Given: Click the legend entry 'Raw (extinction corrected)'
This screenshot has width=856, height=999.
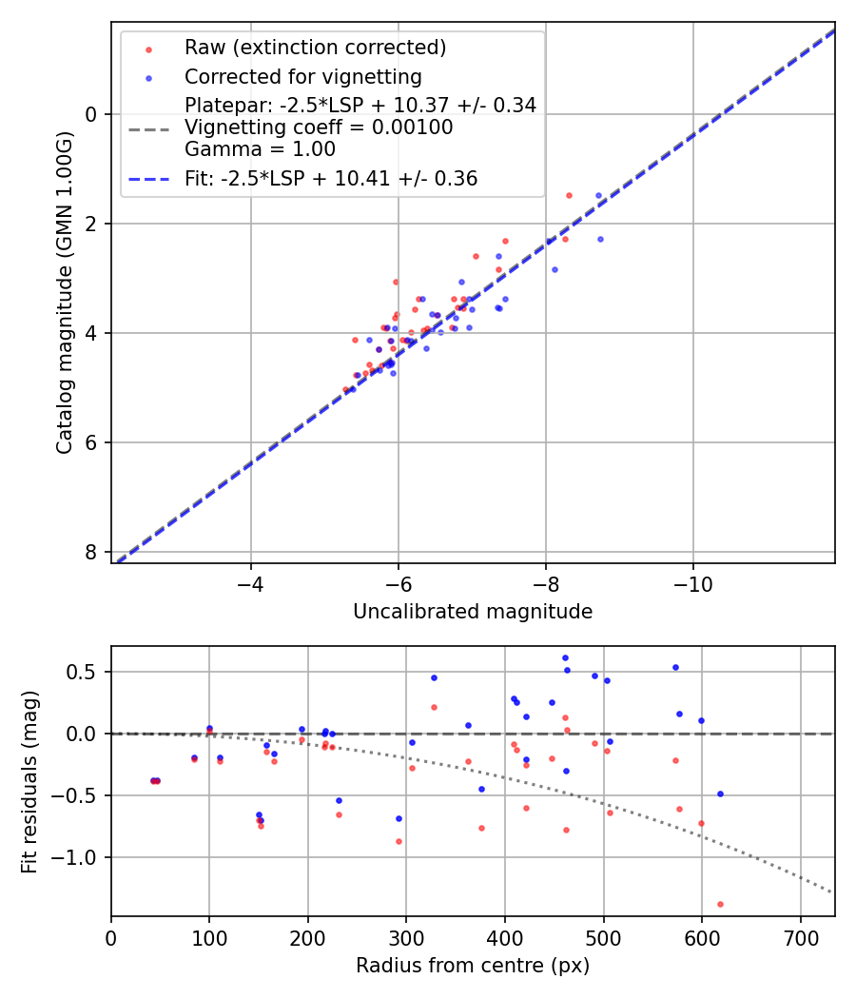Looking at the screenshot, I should tap(315, 48).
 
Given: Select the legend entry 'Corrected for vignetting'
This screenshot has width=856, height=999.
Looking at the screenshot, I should tap(302, 76).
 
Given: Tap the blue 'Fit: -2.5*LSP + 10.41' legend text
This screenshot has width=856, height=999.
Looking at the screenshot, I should tap(331, 178).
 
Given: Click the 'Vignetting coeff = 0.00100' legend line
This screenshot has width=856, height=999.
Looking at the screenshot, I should tap(319, 127).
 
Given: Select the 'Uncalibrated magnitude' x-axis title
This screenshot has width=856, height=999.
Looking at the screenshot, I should tap(473, 612).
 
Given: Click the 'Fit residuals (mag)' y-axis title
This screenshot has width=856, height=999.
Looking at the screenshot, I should tap(29, 781).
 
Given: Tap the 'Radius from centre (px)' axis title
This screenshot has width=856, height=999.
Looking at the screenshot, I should tap(473, 966).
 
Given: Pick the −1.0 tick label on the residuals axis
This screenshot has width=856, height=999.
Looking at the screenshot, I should tap(80, 857).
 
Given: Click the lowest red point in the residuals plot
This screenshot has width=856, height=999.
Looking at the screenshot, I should tap(720, 904).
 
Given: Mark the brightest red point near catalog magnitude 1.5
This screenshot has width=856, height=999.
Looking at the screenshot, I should tap(569, 195).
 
